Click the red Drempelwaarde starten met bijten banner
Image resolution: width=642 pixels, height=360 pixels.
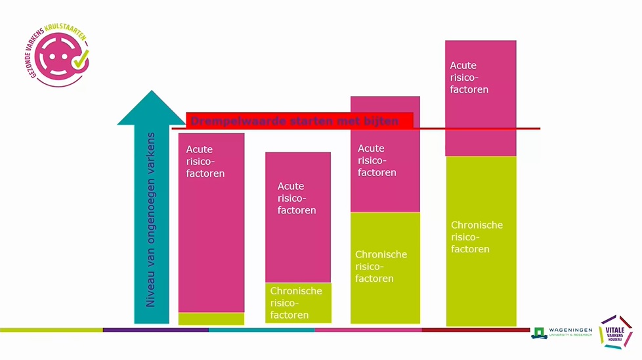(x=299, y=121)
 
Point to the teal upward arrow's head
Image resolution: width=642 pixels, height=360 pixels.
(x=152, y=109)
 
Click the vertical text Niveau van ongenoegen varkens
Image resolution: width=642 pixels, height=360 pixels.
(x=150, y=220)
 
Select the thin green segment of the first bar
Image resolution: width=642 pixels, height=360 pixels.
(x=211, y=319)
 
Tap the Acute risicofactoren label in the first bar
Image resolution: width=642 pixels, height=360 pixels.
(x=205, y=162)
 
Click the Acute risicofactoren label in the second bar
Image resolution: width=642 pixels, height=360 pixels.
(x=296, y=198)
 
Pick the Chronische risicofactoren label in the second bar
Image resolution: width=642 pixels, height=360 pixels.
(x=296, y=303)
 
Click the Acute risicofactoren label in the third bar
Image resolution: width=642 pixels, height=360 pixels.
(x=377, y=160)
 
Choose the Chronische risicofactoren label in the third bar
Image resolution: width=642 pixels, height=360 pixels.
(x=381, y=266)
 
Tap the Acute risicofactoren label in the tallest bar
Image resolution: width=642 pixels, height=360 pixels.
(x=469, y=78)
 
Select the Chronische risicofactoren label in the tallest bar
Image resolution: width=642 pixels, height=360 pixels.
(x=477, y=236)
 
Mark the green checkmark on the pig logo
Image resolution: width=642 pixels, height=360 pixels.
(x=80, y=60)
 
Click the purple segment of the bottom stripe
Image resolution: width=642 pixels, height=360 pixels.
(x=156, y=330)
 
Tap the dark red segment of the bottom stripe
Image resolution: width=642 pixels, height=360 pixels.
(x=475, y=330)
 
